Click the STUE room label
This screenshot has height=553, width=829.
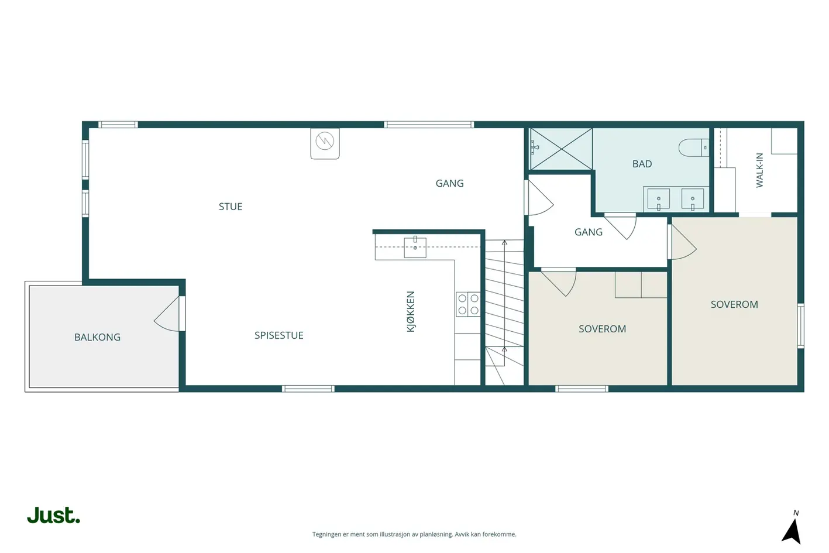(x=231, y=207)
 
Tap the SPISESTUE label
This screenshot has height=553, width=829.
(x=278, y=335)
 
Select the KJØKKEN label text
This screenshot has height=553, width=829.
(x=411, y=312)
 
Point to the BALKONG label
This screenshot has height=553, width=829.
(x=97, y=337)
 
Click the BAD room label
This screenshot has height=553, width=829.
(x=642, y=164)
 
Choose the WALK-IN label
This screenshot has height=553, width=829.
(x=759, y=170)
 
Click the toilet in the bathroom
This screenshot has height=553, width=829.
(x=693, y=147)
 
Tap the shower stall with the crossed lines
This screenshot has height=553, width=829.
(x=561, y=149)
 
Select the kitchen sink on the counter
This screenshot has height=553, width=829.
(x=415, y=248)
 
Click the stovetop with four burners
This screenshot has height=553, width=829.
(x=468, y=304)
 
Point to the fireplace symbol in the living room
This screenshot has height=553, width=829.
(x=325, y=143)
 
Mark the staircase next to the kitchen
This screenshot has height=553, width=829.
(x=504, y=312)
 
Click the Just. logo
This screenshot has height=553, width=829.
(x=54, y=515)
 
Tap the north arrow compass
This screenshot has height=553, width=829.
(x=792, y=528)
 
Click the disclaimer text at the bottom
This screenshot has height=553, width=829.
(x=414, y=534)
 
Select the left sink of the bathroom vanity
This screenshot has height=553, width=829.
(x=658, y=199)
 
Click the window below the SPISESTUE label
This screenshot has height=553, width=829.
(x=308, y=389)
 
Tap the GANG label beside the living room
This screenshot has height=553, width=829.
(x=450, y=183)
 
